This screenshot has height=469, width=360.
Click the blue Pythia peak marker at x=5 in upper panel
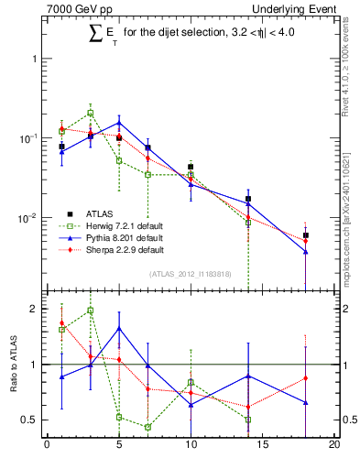(119, 122)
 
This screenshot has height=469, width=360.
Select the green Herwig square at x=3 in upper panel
(90, 113)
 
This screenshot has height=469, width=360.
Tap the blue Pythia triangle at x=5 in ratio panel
(119, 329)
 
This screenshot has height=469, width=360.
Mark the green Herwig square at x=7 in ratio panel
(147, 427)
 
